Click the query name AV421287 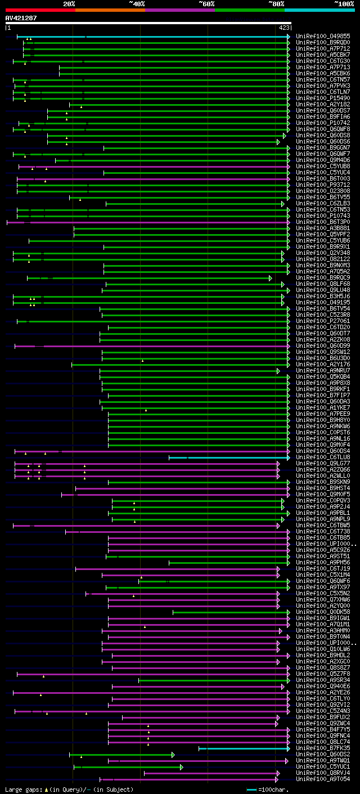(21, 18)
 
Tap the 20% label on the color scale (69, 4)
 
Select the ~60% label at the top (206, 4)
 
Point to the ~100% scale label (344, 4)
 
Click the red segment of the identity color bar (40, 10)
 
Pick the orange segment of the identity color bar (110, 10)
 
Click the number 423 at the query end (284, 28)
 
